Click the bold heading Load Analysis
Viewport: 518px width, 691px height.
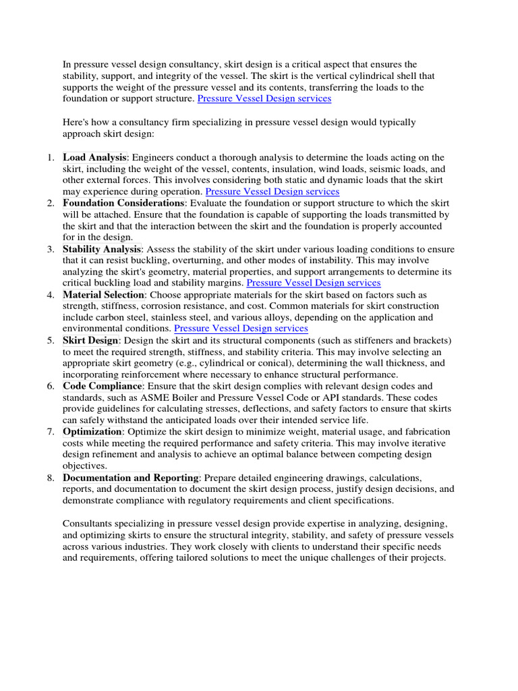click(94, 157)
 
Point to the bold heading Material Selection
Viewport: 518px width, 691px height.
click(104, 295)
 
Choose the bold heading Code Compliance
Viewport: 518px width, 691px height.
click(103, 386)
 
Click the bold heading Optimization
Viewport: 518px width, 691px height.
click(92, 431)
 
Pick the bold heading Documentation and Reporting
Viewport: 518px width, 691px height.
click(131, 477)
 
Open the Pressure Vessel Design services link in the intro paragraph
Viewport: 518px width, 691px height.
click(264, 99)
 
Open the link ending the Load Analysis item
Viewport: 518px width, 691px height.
click(272, 192)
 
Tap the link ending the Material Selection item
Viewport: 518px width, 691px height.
click(241, 329)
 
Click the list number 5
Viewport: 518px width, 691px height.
click(51, 341)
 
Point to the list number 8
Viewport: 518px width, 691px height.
click(51, 478)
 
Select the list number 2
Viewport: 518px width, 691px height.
click(51, 203)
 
